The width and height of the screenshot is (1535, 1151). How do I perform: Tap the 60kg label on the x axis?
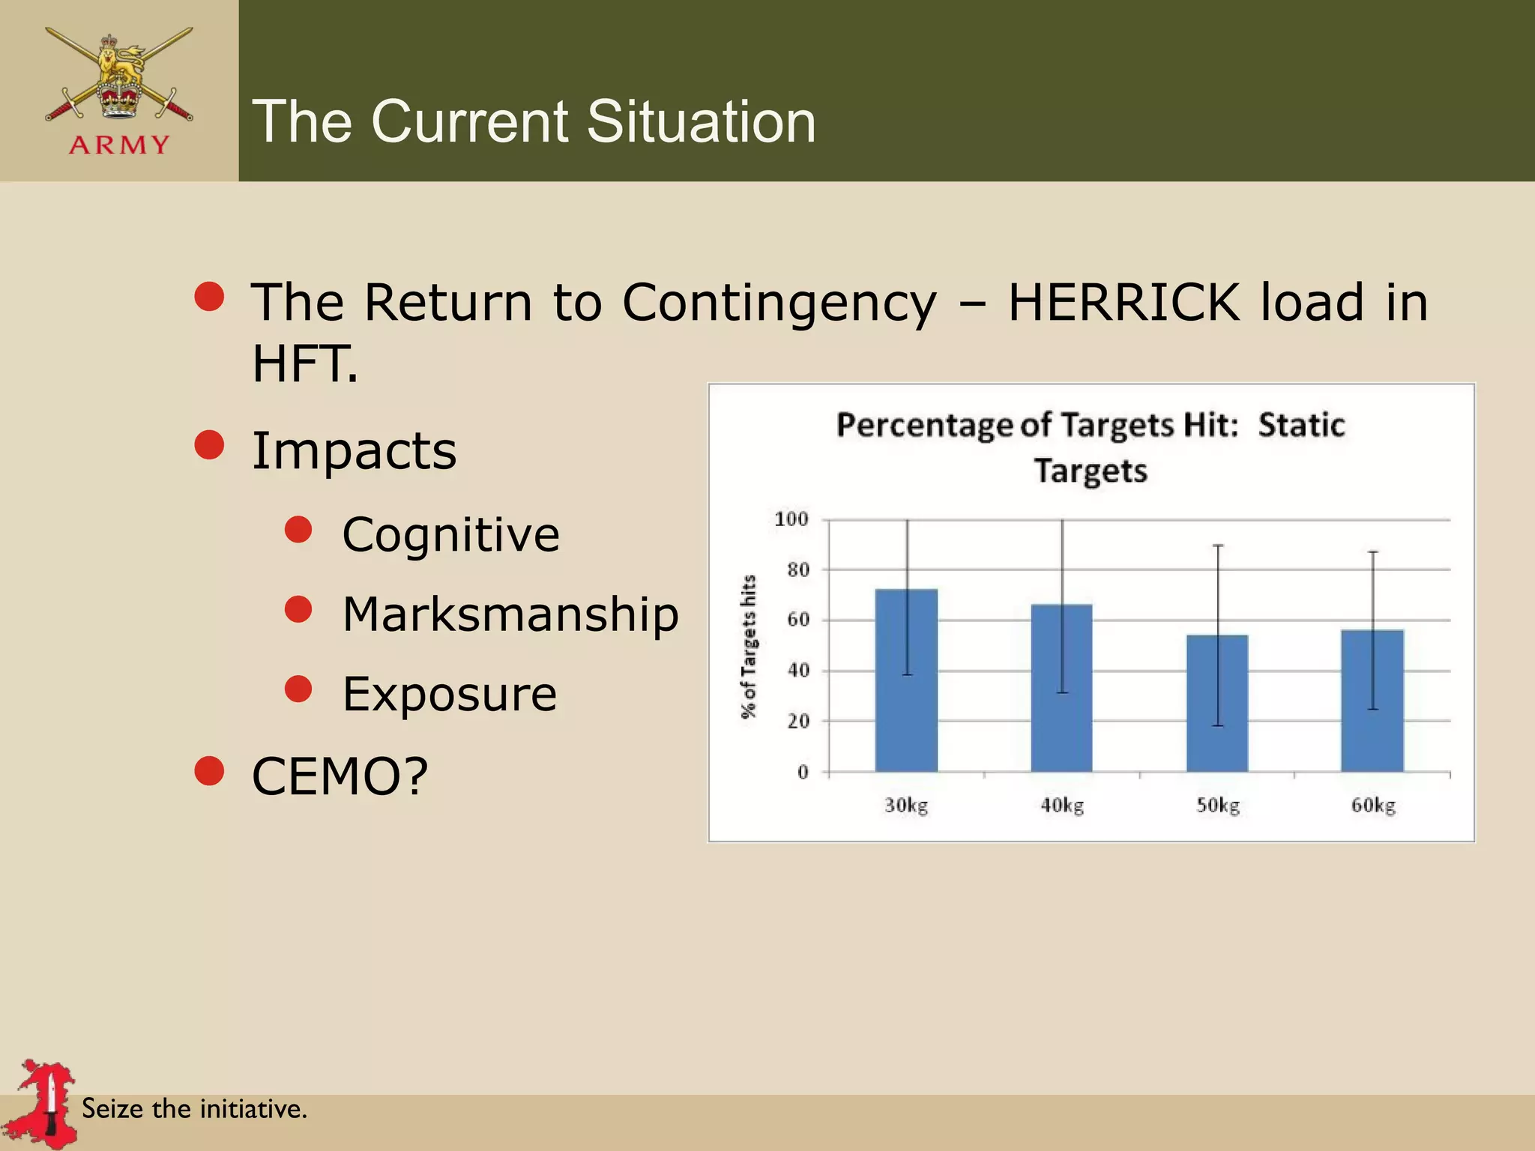(1373, 806)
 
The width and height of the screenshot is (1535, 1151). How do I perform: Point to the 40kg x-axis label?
(1062, 806)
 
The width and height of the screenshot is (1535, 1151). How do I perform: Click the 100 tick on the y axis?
(791, 519)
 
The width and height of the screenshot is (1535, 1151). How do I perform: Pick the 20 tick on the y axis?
(798, 721)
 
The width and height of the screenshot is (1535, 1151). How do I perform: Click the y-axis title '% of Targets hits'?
(749, 646)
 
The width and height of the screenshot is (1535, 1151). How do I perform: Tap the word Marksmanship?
(510, 614)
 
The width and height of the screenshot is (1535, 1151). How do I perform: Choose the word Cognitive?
(450, 535)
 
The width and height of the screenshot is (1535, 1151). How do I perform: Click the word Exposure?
(450, 694)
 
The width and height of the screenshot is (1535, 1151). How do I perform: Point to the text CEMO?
(340, 776)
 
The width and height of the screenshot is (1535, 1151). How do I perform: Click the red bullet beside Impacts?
(209, 444)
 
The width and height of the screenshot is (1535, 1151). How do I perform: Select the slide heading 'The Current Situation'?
(534, 121)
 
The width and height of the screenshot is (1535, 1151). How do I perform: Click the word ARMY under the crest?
(119, 145)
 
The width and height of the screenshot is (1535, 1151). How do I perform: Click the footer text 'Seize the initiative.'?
(194, 1108)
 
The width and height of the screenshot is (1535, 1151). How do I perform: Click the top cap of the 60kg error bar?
(1373, 552)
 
